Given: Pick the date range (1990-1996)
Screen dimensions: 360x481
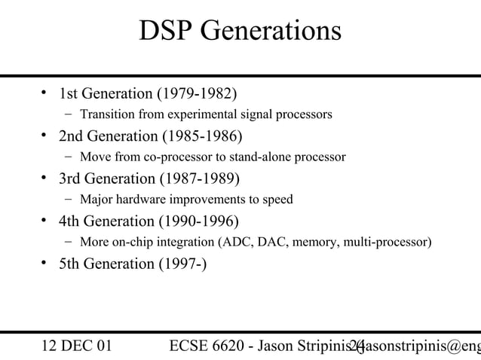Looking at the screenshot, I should (x=197, y=221).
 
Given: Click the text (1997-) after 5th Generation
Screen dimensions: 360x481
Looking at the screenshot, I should (x=180, y=264).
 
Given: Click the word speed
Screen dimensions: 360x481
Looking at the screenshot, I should (x=277, y=200).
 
